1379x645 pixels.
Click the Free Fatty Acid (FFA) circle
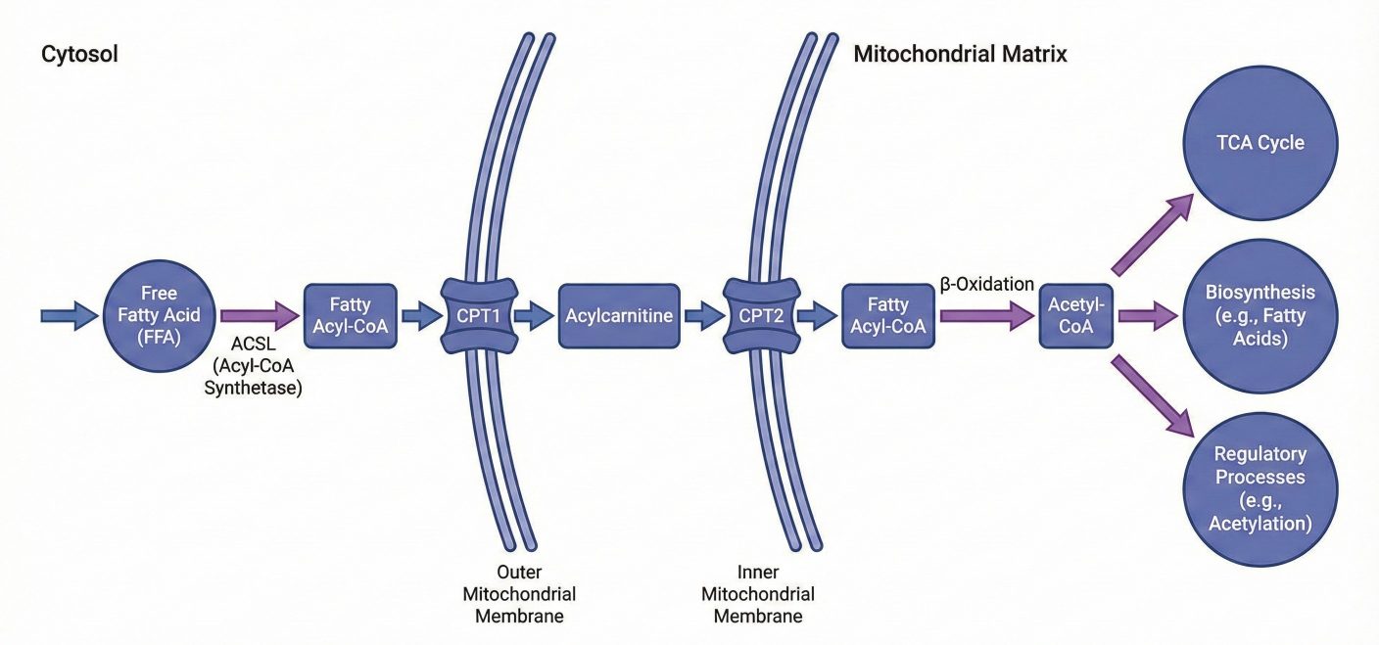[x=159, y=315]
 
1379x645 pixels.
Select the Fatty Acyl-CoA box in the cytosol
[x=351, y=315]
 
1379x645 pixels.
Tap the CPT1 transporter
[x=478, y=315]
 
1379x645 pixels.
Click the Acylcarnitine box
[x=619, y=315]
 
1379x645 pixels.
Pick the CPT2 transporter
[x=759, y=315]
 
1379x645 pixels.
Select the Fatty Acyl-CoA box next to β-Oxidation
[x=887, y=315]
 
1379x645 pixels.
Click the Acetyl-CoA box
[x=1075, y=315]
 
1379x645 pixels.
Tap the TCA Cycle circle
[x=1260, y=143]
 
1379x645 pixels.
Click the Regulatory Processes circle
[x=1260, y=488]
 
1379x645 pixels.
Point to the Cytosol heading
[x=79, y=55]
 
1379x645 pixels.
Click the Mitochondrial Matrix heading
[x=960, y=55]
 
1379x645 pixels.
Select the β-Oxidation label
[x=987, y=285]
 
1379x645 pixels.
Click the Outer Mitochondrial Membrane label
[x=525, y=593]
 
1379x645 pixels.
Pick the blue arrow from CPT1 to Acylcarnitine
[x=534, y=315]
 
